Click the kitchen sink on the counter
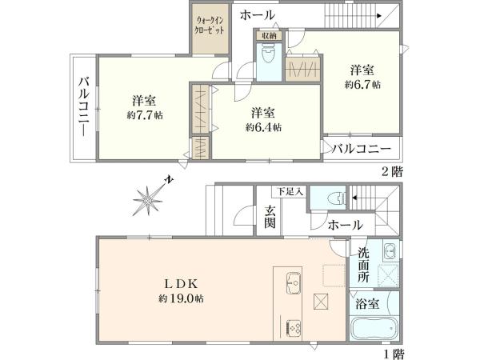(292, 283)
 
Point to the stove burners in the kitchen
(292, 327)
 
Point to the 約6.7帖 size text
(362, 83)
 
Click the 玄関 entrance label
(270, 216)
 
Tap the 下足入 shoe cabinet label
(290, 191)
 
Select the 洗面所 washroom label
(364, 266)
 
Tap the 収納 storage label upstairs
(267, 35)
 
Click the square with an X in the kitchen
(322, 302)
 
